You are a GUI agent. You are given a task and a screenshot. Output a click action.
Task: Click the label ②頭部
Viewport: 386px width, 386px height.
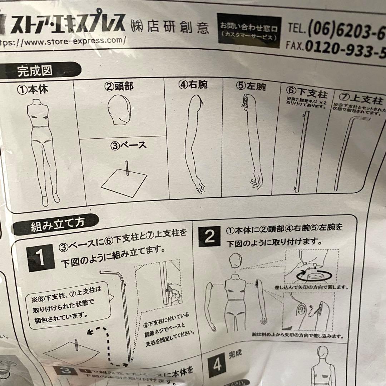(x=119, y=86)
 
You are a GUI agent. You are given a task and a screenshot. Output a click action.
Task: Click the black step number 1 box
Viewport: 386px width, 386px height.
(x=42, y=257)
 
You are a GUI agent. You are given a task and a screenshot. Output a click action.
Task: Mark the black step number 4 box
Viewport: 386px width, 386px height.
(x=217, y=365)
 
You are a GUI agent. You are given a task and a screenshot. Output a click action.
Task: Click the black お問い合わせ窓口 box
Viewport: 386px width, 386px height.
(x=248, y=31)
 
